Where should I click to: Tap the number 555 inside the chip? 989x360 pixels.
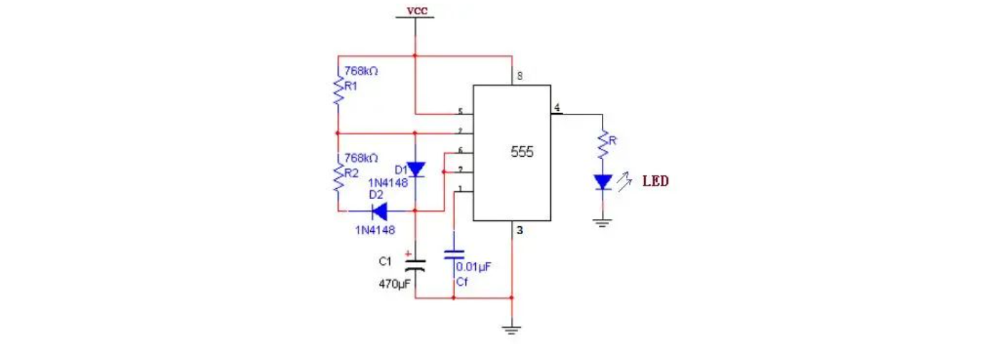522,152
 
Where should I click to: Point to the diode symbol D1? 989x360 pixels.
415,170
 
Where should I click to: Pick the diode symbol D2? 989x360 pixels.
376,211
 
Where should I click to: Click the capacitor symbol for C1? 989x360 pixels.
415,265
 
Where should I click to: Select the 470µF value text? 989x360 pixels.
394,284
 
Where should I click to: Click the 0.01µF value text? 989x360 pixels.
473,267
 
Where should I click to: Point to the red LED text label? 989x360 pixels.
655,181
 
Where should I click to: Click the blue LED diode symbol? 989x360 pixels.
603,183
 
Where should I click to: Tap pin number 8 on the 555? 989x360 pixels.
520,76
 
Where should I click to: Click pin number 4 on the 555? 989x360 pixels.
557,109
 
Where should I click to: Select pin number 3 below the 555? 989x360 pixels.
520,230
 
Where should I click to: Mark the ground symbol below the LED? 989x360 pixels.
603,223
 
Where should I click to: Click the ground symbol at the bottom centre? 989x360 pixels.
512,329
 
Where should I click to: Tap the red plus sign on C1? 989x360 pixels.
408,253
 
